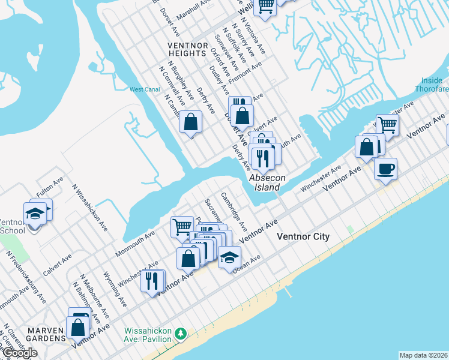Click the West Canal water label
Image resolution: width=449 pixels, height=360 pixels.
pos(145,90)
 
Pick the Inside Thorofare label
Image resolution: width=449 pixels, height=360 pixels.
pos(432,85)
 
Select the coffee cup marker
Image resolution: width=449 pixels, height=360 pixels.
pos(385,167)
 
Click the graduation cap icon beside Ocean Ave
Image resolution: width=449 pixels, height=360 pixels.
pos(229,257)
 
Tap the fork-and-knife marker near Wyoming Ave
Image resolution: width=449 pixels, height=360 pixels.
pos(152,280)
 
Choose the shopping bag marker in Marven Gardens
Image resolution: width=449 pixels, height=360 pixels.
pos(78,327)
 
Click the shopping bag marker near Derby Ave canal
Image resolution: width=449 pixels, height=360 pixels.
pos(190,122)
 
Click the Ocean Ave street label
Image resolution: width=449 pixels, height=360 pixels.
pos(247,264)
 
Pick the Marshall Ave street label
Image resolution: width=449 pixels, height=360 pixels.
pos(191,10)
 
